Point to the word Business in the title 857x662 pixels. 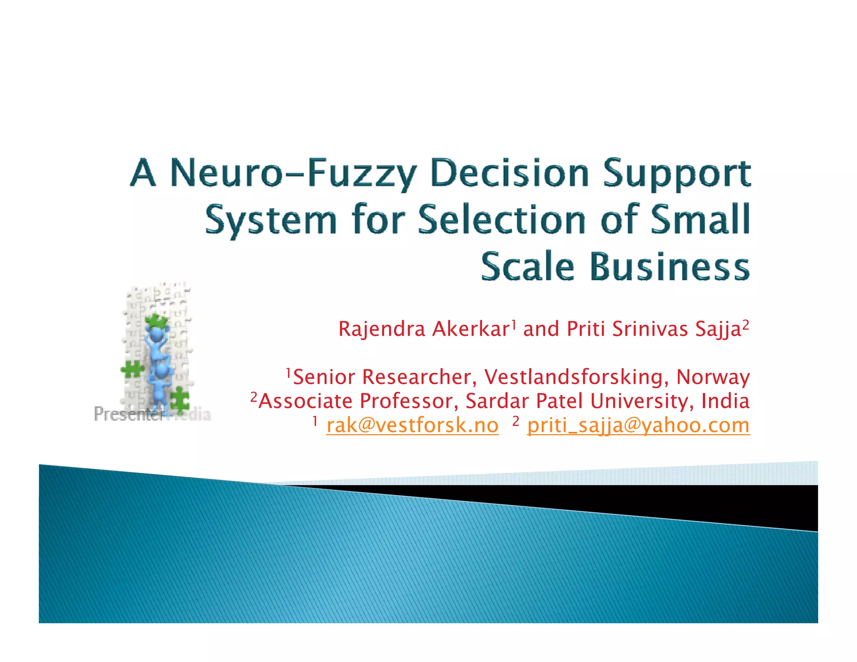click(x=670, y=267)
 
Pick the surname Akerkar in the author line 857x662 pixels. click(x=470, y=329)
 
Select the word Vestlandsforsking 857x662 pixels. click(x=574, y=377)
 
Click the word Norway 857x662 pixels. click(x=713, y=377)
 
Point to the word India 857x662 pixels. click(x=725, y=401)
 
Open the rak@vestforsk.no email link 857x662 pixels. click(x=412, y=426)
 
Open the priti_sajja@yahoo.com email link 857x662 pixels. click(x=638, y=426)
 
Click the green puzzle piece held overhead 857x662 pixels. click(x=156, y=321)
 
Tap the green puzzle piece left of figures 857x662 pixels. click(x=132, y=369)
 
